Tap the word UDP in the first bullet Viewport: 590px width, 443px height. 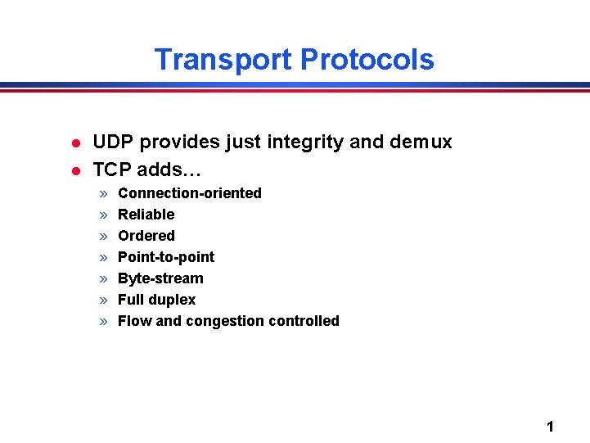[x=113, y=142]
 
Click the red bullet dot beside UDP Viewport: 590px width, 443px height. [x=74, y=143]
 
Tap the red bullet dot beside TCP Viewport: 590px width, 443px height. [x=74, y=170]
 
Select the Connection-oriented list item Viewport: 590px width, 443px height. [x=190, y=193]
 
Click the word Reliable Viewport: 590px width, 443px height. [x=146, y=215]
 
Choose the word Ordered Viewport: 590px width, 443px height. [x=146, y=236]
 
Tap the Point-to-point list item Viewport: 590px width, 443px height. [x=166, y=257]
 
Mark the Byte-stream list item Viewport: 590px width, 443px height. [x=160, y=278]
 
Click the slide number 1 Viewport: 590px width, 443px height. [x=550, y=426]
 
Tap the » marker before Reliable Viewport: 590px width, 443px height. [x=104, y=215]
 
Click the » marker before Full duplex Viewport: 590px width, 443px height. [x=104, y=300]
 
